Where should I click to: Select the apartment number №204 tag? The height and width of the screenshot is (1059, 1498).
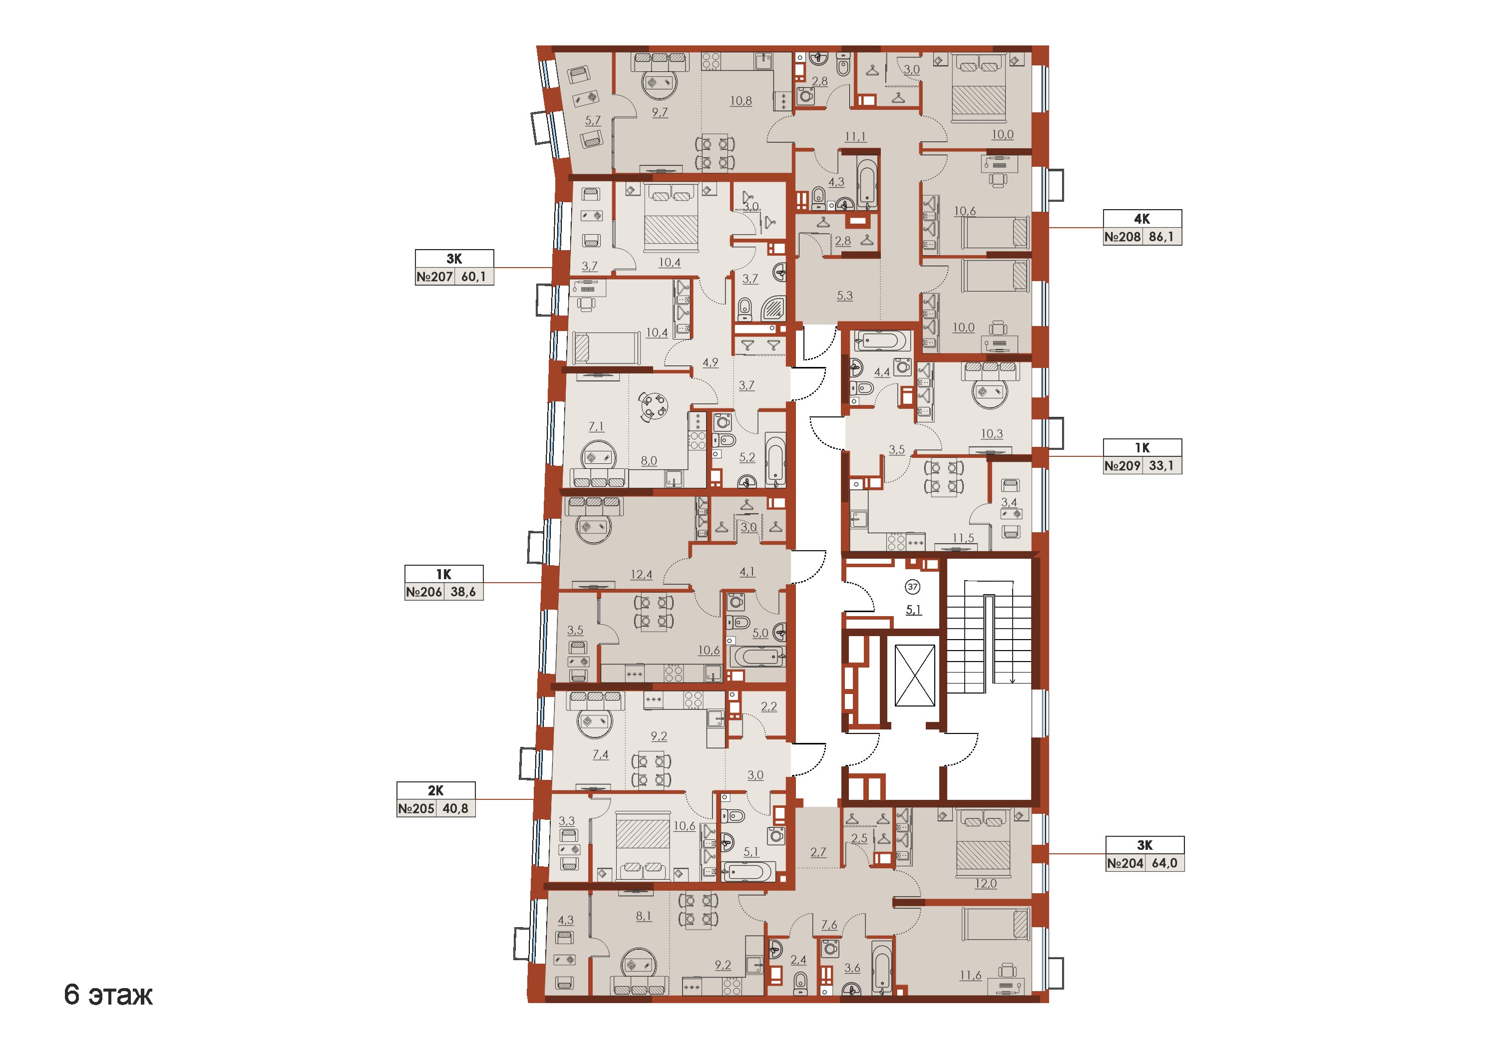pyautogui.click(x=1125, y=863)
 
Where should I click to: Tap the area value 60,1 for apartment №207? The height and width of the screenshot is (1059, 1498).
pyautogui.click(x=474, y=277)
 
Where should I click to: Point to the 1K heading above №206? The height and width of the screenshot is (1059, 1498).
pyautogui.click(x=444, y=574)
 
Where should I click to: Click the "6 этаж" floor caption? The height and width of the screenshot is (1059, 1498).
pyautogui.click(x=108, y=995)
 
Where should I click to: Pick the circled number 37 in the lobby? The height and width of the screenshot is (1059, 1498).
pyautogui.click(x=913, y=587)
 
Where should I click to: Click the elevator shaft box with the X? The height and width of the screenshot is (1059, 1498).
pyautogui.click(x=915, y=676)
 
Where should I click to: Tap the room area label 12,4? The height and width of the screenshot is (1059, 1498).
pyautogui.click(x=641, y=575)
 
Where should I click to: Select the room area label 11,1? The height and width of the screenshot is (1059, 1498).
pyautogui.click(x=855, y=137)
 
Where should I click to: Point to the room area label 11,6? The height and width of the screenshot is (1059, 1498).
pyautogui.click(x=970, y=976)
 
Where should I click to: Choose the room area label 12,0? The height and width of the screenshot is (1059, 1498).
pyautogui.click(x=985, y=883)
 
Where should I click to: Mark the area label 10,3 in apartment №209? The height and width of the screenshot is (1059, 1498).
pyautogui.click(x=992, y=434)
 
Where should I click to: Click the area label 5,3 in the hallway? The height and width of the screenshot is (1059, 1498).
pyautogui.click(x=845, y=296)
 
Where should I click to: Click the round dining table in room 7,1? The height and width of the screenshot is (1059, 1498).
pyautogui.click(x=653, y=407)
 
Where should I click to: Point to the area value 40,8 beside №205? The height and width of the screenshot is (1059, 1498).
pyautogui.click(x=455, y=809)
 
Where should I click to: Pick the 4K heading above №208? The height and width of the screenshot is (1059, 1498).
pyautogui.click(x=1142, y=219)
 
